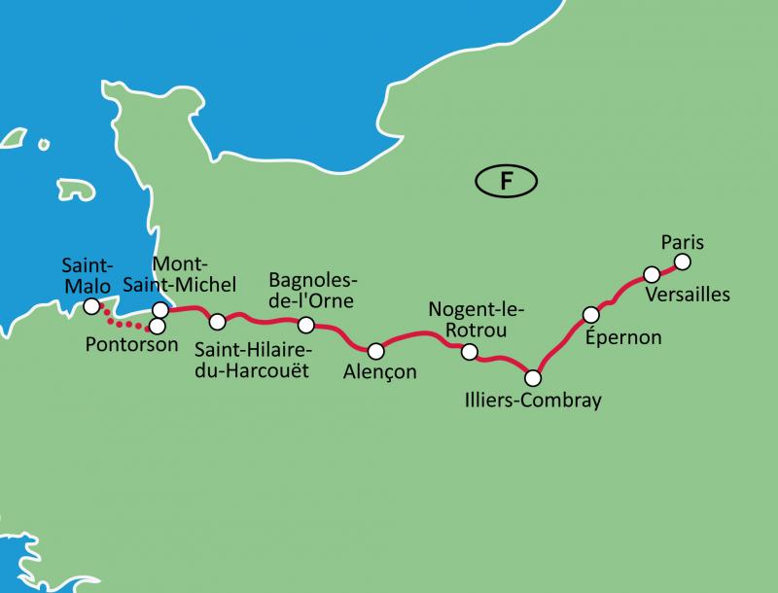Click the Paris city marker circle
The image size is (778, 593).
tap(682, 262)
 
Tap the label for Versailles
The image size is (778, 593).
tap(687, 294)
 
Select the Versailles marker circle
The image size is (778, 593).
tap(653, 275)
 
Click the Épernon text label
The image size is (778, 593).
tap(624, 337)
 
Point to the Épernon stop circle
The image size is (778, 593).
tap(590, 314)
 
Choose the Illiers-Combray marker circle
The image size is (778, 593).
tap(532, 377)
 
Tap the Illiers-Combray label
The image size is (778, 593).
tap(534, 401)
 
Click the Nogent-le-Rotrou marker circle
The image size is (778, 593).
tap(470, 352)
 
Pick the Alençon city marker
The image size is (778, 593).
tap(375, 350)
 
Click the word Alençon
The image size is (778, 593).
tap(379, 372)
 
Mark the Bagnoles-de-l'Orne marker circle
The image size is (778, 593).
tap(305, 325)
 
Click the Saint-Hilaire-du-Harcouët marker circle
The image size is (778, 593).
tap(218, 321)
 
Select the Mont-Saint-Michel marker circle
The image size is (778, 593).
tap(160, 309)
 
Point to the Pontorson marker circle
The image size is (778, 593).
tap(156, 325)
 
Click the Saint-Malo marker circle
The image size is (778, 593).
tap(90, 306)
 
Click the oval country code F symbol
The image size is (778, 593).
tap(506, 180)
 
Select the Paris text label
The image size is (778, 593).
tap(681, 240)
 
